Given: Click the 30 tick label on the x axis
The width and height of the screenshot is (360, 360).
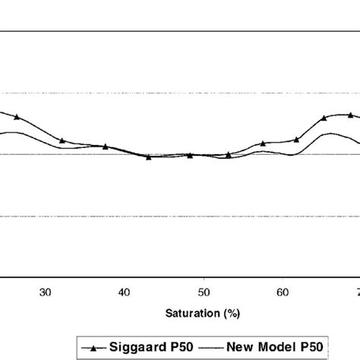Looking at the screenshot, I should (x=45, y=292).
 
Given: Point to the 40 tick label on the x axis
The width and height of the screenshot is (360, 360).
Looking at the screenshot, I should (x=124, y=292).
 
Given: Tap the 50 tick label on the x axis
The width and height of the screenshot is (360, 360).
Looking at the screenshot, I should (x=203, y=292).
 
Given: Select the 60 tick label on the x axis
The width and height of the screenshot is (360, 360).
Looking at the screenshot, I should (x=282, y=292).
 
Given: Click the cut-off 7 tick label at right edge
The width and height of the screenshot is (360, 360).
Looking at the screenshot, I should (x=357, y=292).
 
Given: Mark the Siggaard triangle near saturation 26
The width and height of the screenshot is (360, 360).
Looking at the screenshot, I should (x=17, y=117).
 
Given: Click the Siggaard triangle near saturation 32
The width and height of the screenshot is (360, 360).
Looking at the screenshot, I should (x=62, y=141).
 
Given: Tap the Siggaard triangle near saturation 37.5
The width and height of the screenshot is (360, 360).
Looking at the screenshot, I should (x=106, y=147).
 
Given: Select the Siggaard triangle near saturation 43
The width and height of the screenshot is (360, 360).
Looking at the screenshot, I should (x=148, y=156).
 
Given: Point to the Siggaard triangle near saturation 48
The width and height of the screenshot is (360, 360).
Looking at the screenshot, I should (x=190, y=155).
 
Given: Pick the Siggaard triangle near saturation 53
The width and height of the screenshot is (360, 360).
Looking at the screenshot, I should (x=228, y=154).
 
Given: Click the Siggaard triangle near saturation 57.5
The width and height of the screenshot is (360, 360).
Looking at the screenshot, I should (x=263, y=143).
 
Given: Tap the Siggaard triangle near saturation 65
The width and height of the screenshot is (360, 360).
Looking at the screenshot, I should (x=324, y=118).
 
